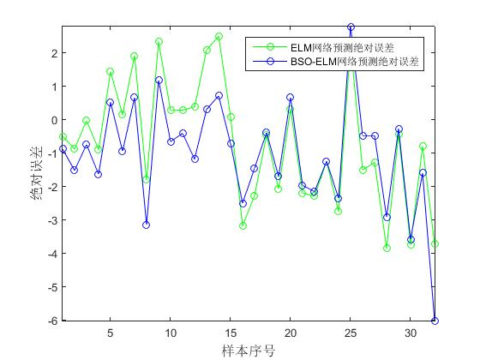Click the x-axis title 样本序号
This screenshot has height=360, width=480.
point(249,351)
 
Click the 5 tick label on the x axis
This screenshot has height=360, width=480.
point(111,333)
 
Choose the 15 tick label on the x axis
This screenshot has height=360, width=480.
point(231,333)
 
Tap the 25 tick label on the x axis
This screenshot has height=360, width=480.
point(351,333)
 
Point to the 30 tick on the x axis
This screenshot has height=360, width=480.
point(411,333)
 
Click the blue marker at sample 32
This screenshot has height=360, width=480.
point(435,321)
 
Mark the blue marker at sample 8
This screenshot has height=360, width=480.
point(147,225)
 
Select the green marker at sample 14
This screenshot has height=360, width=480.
point(219,36)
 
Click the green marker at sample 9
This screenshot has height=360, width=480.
point(159,41)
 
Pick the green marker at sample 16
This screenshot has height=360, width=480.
point(243,225)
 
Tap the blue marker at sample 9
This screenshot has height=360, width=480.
point(159,80)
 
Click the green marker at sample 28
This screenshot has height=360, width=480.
point(387,248)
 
